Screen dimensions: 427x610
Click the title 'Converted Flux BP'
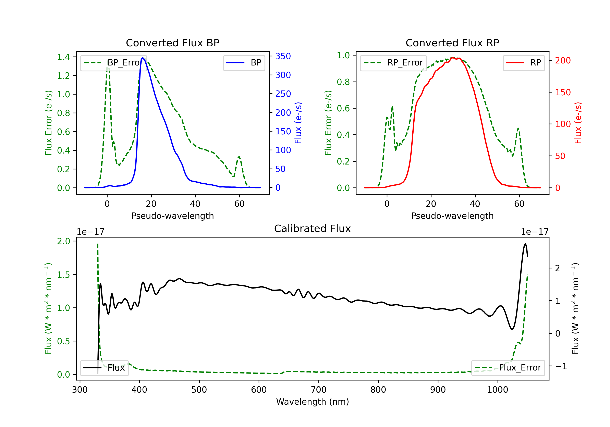tap(172, 43)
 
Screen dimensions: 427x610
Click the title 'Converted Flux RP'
tap(452, 43)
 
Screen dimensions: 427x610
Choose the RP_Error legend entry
tap(393, 63)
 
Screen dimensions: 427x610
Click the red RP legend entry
tap(524, 63)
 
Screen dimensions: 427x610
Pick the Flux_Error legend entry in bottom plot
tap(508, 368)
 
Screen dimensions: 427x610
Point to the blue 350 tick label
tap(283, 56)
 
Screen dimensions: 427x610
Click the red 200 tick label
tap(563, 61)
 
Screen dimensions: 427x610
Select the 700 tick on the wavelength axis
tap(318, 390)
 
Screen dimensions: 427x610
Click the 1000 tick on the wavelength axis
tap(497, 390)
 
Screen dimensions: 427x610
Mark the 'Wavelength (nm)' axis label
tap(313, 402)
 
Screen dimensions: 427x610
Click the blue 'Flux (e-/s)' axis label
tap(298, 123)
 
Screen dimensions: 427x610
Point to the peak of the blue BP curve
tap(143, 58)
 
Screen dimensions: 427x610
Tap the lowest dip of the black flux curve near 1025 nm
tap(512, 329)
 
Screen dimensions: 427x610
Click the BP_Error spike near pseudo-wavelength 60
tap(239, 157)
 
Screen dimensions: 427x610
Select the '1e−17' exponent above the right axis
tap(535, 232)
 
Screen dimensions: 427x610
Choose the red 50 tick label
tap(560, 156)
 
